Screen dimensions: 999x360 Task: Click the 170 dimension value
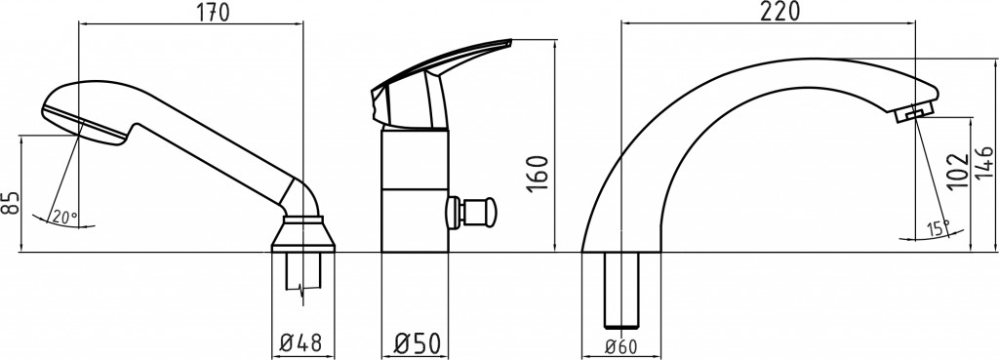coord(213,12)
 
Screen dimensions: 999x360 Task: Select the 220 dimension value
coord(779,11)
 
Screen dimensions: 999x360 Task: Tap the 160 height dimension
coord(538,173)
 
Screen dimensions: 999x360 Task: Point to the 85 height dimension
coord(12,202)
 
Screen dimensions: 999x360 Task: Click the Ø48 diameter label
coord(301,344)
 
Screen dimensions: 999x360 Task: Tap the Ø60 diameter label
coord(620,346)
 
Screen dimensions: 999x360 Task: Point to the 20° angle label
coord(64,217)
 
